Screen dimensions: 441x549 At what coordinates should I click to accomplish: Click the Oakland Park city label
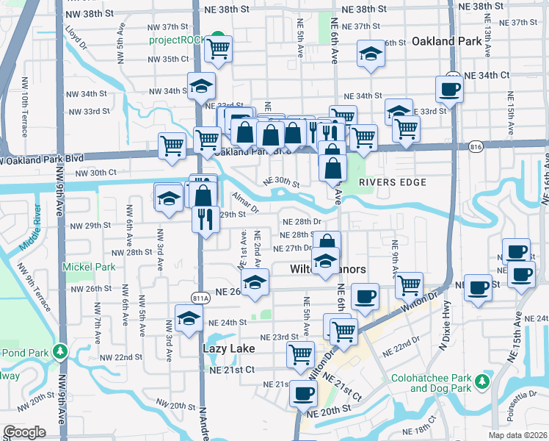[447, 41]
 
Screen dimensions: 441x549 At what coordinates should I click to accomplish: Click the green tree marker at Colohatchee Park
[481, 381]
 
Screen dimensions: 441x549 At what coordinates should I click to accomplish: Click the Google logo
[24, 432]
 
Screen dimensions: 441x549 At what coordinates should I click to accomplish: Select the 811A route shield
[200, 298]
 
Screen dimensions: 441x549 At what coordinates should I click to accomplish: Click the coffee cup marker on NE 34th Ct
[448, 89]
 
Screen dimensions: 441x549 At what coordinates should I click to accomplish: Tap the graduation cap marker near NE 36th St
[371, 54]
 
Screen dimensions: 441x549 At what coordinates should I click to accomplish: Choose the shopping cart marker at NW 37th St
[218, 49]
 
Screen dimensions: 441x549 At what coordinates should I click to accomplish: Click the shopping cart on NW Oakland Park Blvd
[172, 145]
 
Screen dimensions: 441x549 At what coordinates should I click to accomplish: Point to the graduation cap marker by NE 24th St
[188, 318]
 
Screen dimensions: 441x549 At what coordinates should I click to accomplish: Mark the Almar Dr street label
[245, 202]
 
